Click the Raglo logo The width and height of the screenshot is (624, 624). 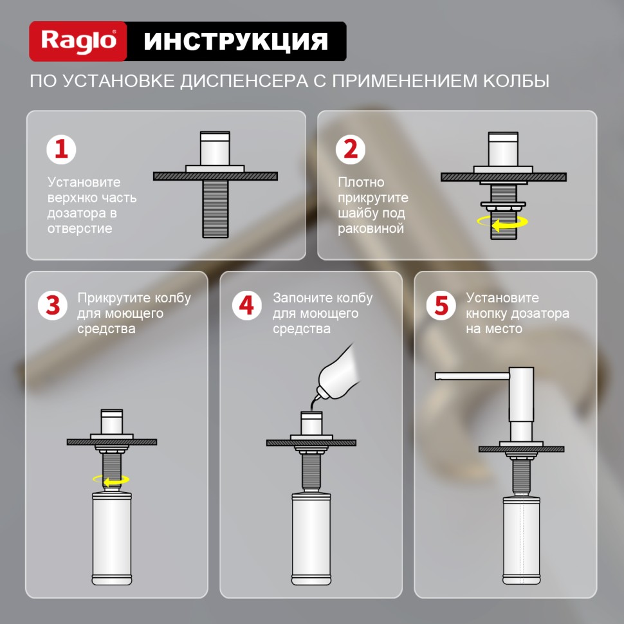tap(78, 41)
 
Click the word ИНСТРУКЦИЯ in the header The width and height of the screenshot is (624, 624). tap(235, 41)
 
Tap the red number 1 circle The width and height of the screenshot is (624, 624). tap(61, 149)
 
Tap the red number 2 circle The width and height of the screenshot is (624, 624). tap(351, 149)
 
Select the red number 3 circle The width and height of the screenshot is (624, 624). tap(53, 306)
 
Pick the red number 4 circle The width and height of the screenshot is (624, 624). tap(247, 306)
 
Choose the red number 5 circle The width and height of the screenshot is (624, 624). tap(441, 306)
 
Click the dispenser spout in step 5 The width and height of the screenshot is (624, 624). tap(471, 376)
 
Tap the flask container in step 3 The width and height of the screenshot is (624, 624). tap(112, 537)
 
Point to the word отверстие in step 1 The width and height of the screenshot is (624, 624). tap(80, 228)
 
